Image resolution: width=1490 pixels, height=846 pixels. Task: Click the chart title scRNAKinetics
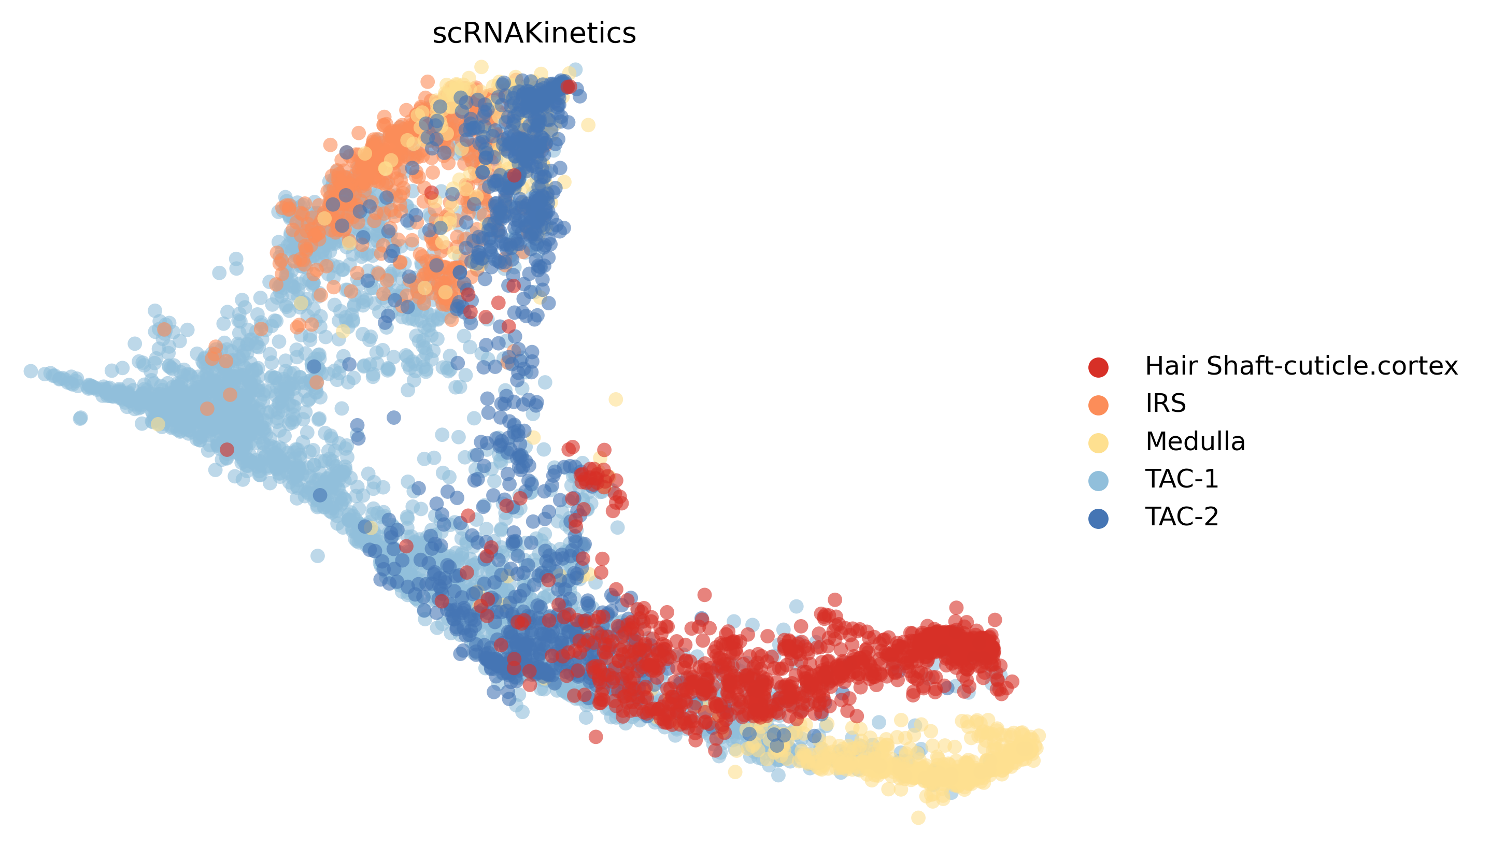click(x=533, y=33)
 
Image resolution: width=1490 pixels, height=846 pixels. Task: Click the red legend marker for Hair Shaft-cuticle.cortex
click(x=1098, y=367)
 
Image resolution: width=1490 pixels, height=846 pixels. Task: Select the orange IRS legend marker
click(x=1098, y=405)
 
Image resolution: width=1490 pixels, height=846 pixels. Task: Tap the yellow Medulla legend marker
click(x=1098, y=443)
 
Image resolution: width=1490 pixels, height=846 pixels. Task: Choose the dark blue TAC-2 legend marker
click(x=1098, y=518)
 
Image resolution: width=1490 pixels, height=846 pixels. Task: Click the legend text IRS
click(x=1165, y=403)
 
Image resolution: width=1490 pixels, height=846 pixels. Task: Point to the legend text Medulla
click(x=1195, y=441)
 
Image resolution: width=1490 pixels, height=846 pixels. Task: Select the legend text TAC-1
click(x=1182, y=479)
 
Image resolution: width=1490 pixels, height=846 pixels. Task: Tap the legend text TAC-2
click(x=1182, y=517)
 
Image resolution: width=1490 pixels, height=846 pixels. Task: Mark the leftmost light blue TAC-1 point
click(x=31, y=371)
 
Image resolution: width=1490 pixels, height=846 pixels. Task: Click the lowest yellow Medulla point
click(x=918, y=818)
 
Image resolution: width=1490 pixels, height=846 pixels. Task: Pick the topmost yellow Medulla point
click(x=481, y=67)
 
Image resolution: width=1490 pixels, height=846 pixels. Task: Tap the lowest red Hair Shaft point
click(x=595, y=737)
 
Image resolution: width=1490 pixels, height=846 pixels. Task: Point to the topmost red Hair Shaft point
click(x=569, y=87)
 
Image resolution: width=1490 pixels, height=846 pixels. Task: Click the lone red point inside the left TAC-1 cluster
click(x=227, y=449)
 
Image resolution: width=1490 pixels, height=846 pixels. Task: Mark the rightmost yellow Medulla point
click(x=1039, y=736)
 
